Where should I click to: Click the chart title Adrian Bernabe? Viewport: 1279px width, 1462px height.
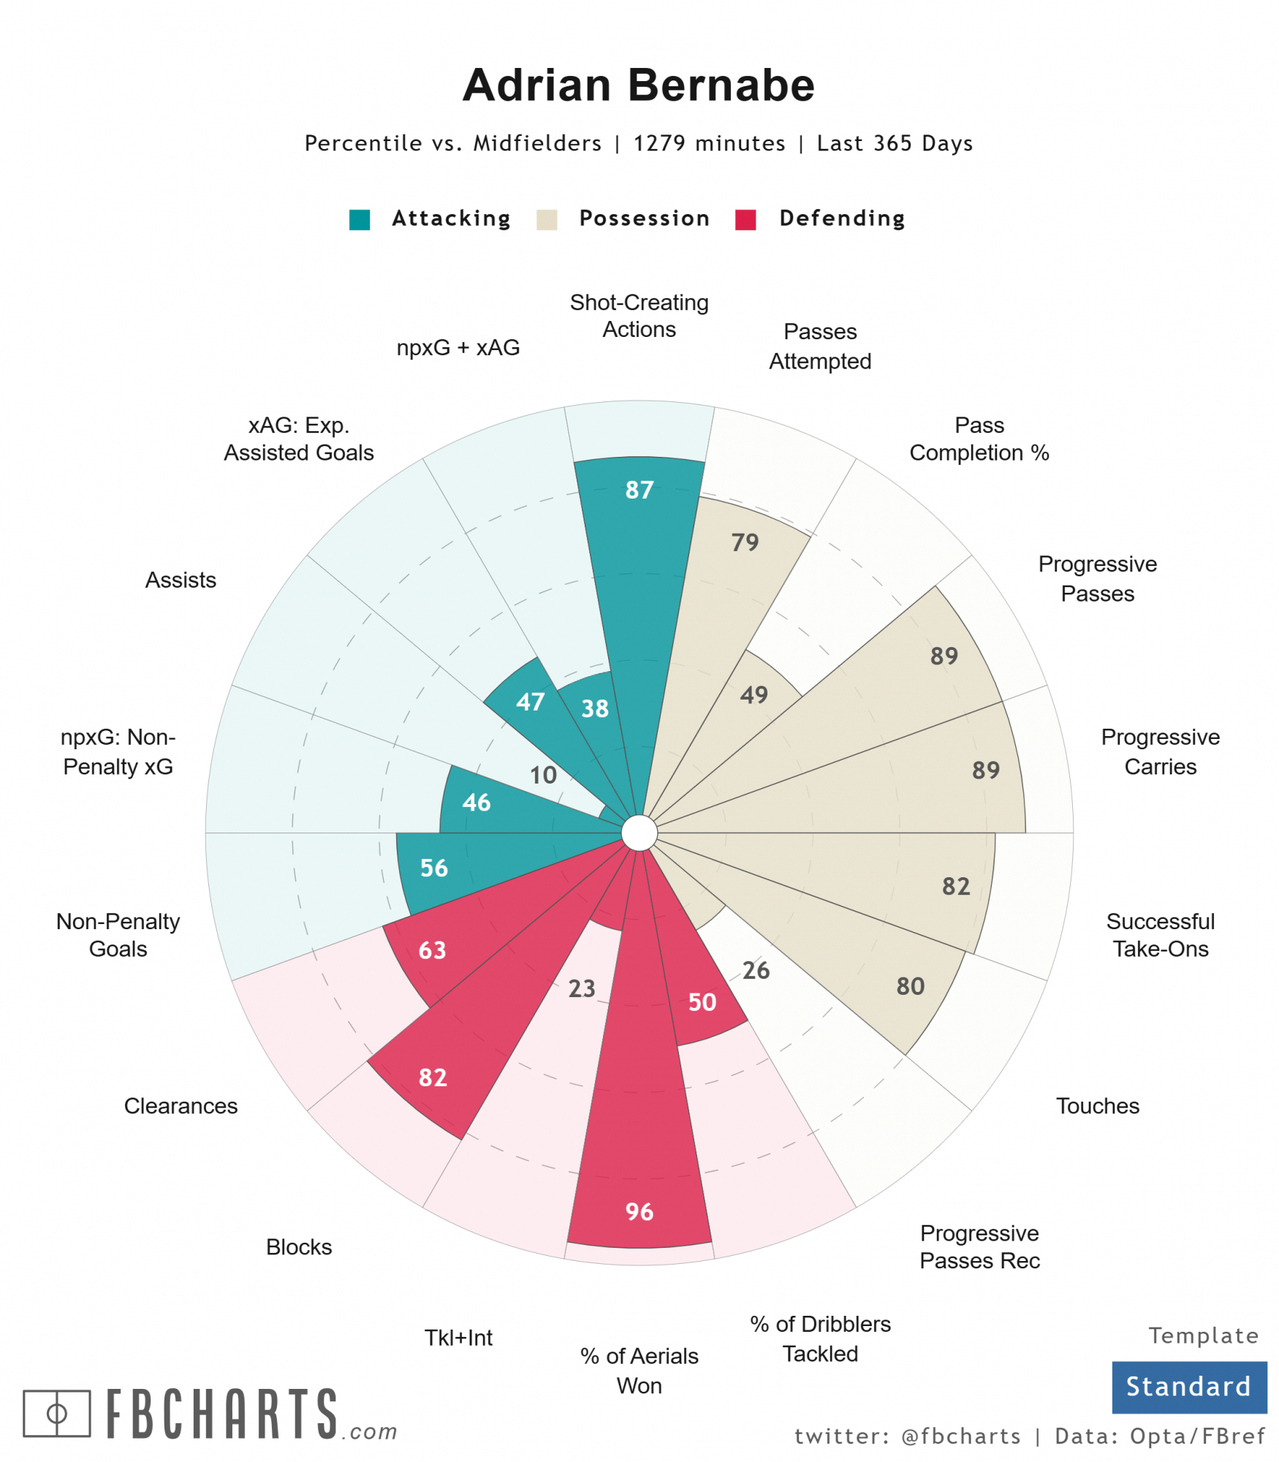(638, 85)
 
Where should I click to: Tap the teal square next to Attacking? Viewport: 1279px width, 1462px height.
(360, 219)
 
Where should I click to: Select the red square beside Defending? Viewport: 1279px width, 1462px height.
(745, 219)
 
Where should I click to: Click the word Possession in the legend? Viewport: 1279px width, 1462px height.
(644, 219)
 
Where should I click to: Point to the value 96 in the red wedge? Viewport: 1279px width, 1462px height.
(639, 1211)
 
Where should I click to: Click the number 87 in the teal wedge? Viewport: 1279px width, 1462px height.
(639, 490)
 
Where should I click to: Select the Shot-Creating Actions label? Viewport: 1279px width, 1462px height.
(639, 316)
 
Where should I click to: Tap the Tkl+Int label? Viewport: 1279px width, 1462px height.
(458, 1338)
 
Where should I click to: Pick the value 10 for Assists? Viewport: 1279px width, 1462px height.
(543, 775)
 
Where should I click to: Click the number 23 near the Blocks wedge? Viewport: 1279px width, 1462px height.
(582, 988)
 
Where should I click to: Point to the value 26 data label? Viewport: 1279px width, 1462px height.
(756, 970)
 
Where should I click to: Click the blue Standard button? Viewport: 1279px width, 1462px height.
(1188, 1387)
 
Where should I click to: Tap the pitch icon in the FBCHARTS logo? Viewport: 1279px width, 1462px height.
(57, 1413)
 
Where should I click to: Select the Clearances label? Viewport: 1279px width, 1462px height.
(181, 1106)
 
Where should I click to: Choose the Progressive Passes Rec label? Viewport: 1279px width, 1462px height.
(979, 1246)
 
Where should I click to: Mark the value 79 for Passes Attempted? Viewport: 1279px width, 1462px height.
(745, 542)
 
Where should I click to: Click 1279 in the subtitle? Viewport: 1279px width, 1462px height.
(659, 143)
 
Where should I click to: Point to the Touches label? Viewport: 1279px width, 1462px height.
(1097, 1106)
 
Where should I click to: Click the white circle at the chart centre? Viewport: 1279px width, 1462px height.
(639, 833)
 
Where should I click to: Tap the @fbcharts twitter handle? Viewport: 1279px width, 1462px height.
(960, 1436)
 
